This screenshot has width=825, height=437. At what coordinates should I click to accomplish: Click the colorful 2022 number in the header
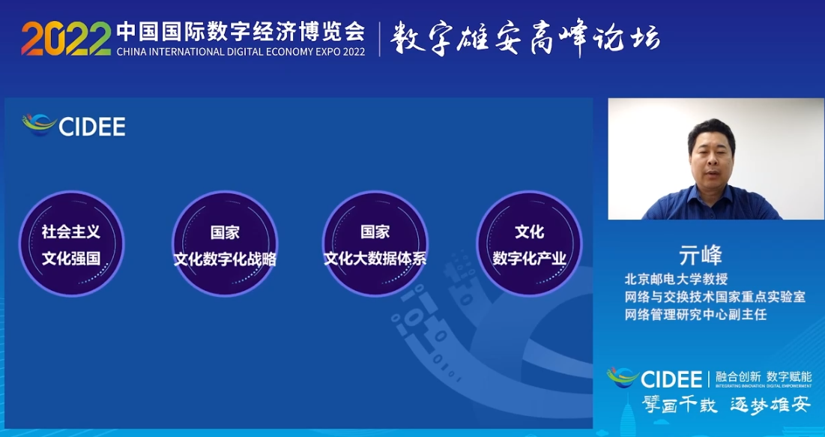[x=66, y=37]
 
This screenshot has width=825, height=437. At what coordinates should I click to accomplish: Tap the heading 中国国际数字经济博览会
[x=240, y=30]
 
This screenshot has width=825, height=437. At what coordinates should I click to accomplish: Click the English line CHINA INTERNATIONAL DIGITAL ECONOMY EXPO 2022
[x=241, y=51]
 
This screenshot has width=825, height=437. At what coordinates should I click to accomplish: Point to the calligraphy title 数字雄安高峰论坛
[x=525, y=37]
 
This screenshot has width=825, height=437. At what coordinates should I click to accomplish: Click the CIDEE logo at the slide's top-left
[x=74, y=125]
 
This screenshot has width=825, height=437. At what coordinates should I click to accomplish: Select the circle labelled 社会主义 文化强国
[x=71, y=244]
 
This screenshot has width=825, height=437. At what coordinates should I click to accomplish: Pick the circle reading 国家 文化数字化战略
[x=225, y=244]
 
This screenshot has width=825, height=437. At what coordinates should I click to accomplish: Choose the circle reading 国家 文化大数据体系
[x=375, y=244]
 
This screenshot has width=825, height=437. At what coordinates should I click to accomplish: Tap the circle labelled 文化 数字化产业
[x=529, y=244]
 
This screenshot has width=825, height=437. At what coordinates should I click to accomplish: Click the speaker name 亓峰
[x=700, y=255]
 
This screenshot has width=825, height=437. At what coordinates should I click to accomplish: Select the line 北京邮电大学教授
[x=676, y=279]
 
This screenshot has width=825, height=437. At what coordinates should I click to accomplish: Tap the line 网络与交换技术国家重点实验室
[x=715, y=297]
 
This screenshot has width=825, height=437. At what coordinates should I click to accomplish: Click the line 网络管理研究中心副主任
[x=695, y=315]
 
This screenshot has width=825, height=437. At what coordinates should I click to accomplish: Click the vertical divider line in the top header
[x=379, y=39]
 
